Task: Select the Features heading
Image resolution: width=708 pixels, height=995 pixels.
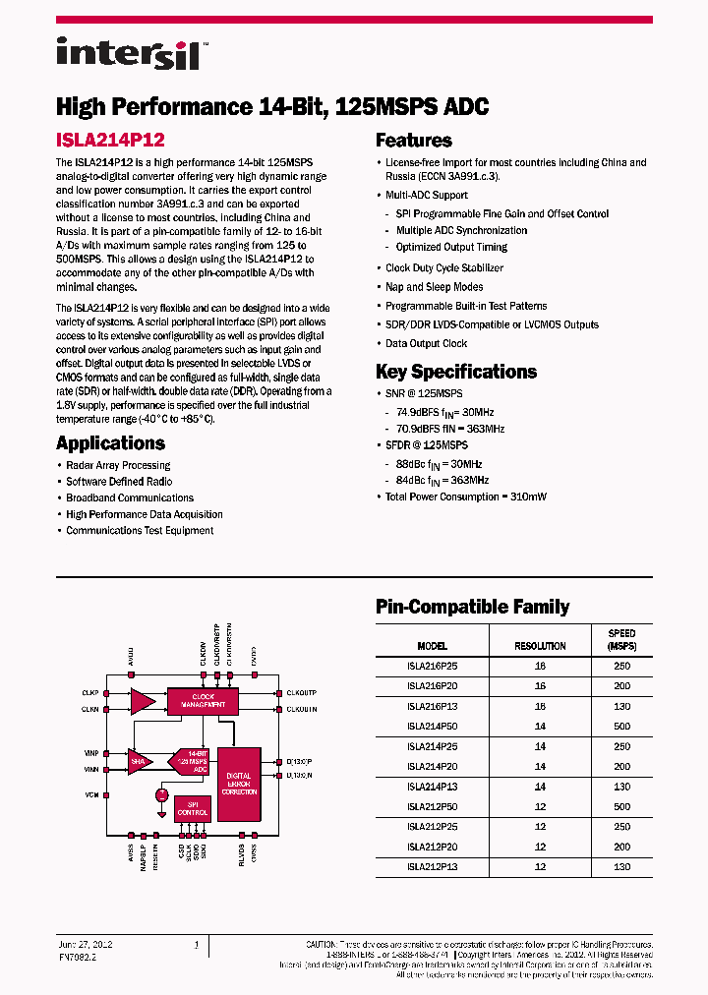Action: (x=413, y=141)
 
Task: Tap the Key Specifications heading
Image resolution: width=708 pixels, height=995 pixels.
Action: (x=456, y=372)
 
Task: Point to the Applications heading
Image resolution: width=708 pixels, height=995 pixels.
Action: (x=110, y=442)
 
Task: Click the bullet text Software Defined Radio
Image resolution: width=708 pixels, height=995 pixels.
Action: (x=119, y=482)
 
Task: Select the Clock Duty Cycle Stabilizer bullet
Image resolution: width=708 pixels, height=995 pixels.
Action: (x=443, y=268)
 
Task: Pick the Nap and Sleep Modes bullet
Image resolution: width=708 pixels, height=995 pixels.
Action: (x=434, y=287)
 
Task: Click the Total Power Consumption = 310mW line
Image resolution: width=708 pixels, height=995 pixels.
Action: (x=465, y=497)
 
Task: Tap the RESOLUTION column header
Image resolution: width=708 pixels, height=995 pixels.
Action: (x=540, y=646)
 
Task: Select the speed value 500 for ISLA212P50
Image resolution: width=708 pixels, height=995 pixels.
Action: (x=621, y=806)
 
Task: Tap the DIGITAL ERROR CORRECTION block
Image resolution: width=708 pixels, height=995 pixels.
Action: (x=239, y=783)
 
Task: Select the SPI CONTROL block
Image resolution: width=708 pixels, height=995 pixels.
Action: (x=193, y=808)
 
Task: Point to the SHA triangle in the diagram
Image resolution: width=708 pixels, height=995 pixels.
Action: (x=140, y=759)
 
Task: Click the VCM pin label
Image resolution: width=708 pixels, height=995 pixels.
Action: (x=91, y=793)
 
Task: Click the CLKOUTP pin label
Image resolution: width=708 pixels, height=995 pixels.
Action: (x=300, y=693)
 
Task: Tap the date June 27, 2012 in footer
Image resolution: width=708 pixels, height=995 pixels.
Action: (x=87, y=944)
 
